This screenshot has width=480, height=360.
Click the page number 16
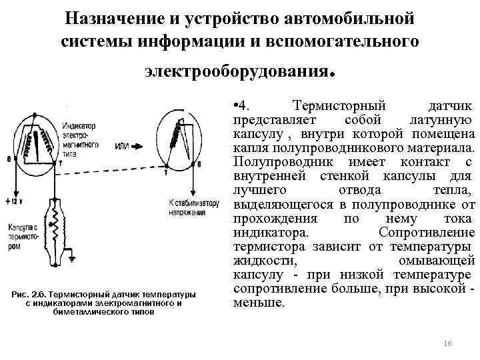447,343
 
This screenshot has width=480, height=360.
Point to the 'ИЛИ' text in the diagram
123,146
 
